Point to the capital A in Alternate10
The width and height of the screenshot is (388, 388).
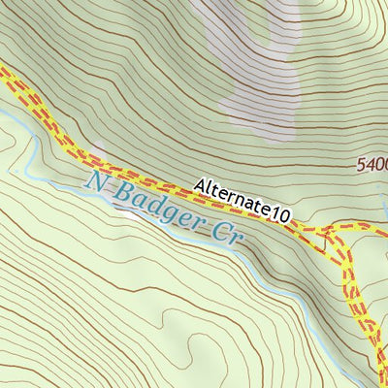pyautogui.click(x=200, y=185)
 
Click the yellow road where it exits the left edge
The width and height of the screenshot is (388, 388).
pyautogui.click(x=3, y=73)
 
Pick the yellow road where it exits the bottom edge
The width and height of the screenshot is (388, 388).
pyautogui.click(x=380, y=384)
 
